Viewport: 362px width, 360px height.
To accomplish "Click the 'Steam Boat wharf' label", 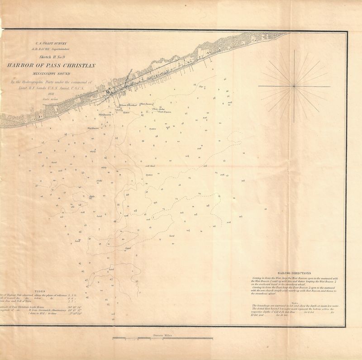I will coord(128,104).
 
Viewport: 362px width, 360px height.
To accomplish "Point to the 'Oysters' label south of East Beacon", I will coord(153,128).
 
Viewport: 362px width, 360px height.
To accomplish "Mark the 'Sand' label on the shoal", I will coord(128,248).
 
